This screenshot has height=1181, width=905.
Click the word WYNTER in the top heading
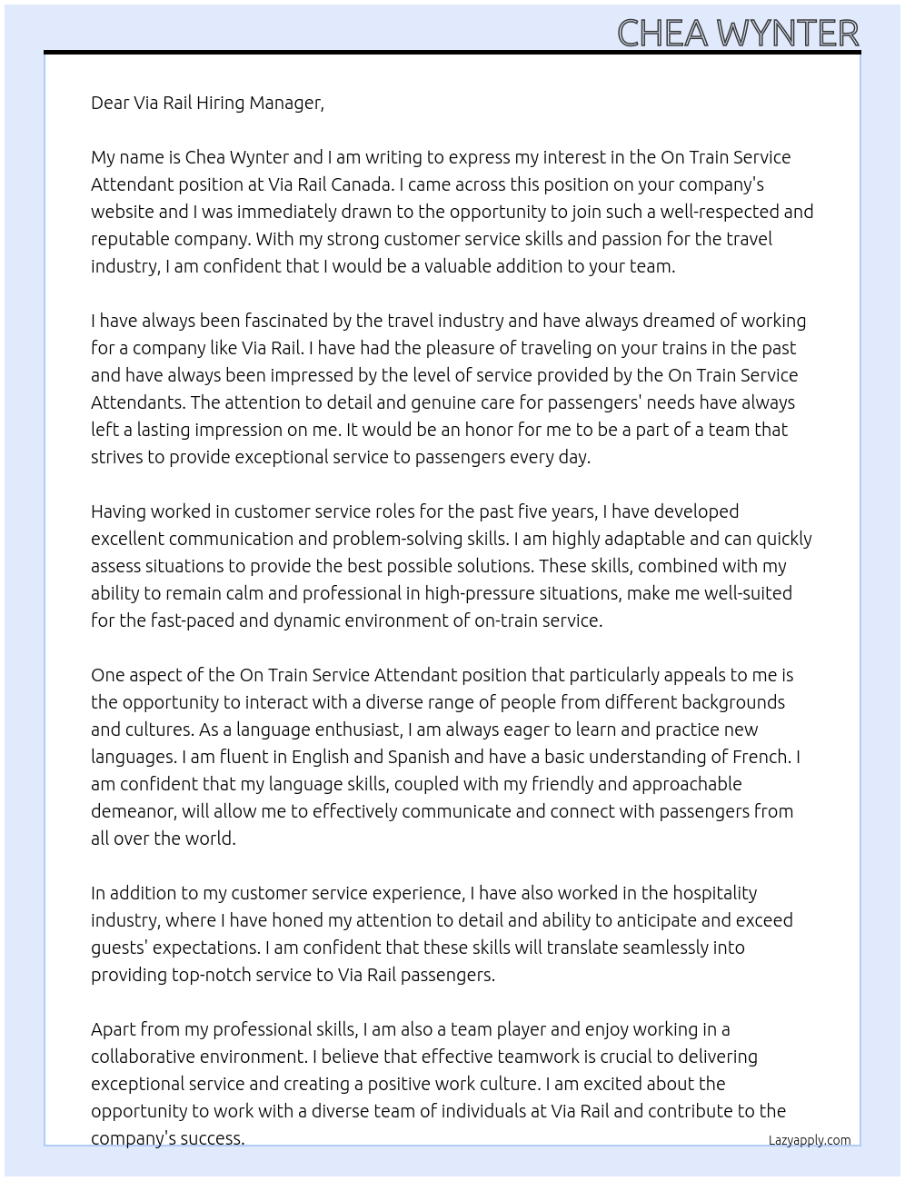pyautogui.click(x=787, y=34)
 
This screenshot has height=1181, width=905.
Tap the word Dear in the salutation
pyautogui.click(x=110, y=103)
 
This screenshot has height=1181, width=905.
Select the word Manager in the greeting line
pyautogui.click(x=286, y=103)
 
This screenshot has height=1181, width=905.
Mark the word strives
pyautogui.click(x=116, y=457)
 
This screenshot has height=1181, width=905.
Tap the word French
pyautogui.click(x=763, y=757)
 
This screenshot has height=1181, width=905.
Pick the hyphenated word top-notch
pyautogui.click(x=214, y=975)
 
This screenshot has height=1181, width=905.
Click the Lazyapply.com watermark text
pyautogui.click(x=810, y=1140)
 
